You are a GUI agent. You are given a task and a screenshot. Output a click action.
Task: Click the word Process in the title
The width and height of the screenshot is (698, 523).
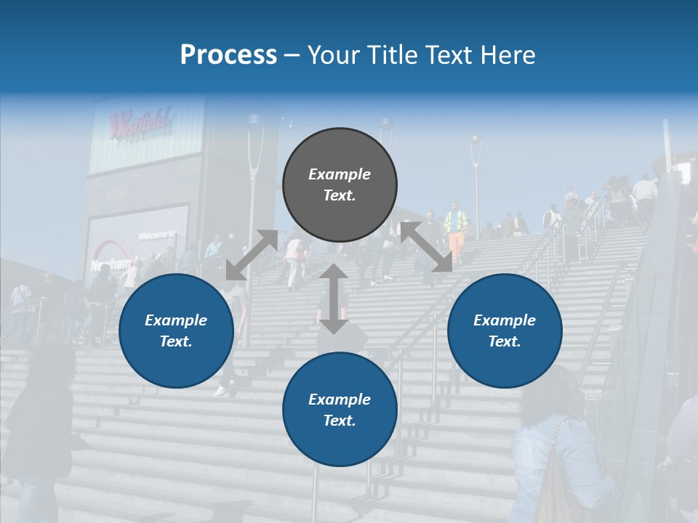(x=228, y=55)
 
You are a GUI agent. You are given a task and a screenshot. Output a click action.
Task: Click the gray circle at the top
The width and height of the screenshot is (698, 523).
(x=340, y=185)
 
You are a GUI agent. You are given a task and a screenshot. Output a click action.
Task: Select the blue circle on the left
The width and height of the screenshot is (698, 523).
(x=176, y=331)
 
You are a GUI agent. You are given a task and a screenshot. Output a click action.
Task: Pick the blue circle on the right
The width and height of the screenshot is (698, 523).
(x=505, y=331)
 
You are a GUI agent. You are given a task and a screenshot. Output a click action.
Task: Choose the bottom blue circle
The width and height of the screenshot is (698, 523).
(x=340, y=410)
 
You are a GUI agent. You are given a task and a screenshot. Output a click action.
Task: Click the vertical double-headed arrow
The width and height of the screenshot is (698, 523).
(x=334, y=299)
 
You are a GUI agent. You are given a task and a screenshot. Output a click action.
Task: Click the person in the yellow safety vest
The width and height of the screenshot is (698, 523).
(x=457, y=225)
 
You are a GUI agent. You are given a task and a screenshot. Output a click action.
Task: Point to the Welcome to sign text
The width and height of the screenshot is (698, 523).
(x=157, y=235)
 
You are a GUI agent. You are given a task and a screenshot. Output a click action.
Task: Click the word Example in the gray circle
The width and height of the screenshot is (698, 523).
(x=340, y=174)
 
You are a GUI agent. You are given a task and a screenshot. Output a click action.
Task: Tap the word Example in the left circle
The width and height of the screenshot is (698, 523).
(x=176, y=320)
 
